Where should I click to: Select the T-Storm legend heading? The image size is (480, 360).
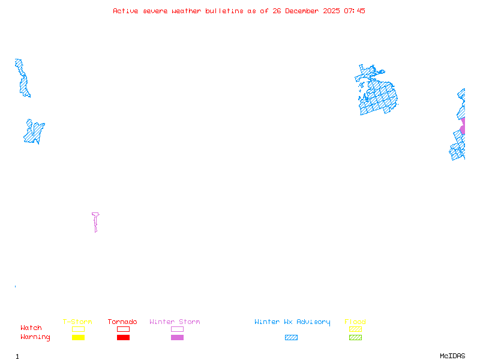click(77, 322)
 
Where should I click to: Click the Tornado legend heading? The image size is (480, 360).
click(122, 322)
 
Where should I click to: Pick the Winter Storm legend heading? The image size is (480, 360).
click(175, 322)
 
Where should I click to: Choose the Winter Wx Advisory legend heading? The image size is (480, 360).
click(292, 322)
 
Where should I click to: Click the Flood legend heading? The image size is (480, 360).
click(355, 322)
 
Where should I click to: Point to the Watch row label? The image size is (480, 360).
click(31, 328)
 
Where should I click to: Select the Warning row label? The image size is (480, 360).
click(35, 337)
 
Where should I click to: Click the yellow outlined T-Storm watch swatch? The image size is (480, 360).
click(78, 329)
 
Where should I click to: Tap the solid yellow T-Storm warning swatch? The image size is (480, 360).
click(78, 338)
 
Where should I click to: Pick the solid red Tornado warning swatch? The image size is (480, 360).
click(123, 338)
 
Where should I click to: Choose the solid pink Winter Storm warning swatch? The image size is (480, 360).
click(177, 338)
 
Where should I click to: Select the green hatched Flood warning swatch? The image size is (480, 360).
click(355, 338)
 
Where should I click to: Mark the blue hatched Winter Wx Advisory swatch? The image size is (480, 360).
click(291, 338)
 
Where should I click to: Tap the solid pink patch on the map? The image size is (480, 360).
click(463, 126)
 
